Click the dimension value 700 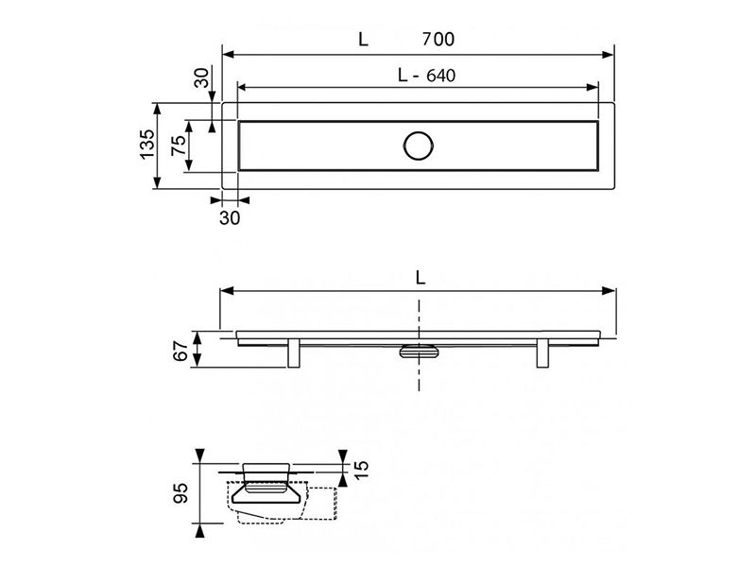438,39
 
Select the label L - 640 427,76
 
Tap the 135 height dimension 147,144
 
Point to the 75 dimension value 179,146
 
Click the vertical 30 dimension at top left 201,77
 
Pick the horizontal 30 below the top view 230,218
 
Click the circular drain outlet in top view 419,146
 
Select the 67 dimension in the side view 180,351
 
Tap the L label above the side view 421,278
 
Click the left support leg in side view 294,353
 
